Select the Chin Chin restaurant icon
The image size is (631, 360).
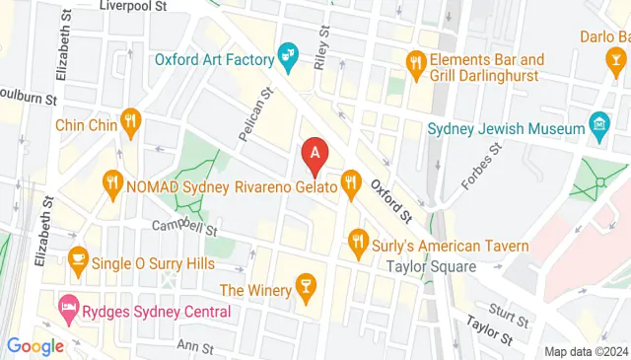(130, 123)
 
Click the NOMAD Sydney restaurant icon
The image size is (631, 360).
(112, 182)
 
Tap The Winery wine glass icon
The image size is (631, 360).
(307, 289)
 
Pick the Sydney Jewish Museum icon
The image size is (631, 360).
(598, 125)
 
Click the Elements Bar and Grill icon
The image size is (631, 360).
(417, 65)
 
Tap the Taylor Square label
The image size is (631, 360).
(433, 266)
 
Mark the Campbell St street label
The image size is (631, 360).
(183, 227)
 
